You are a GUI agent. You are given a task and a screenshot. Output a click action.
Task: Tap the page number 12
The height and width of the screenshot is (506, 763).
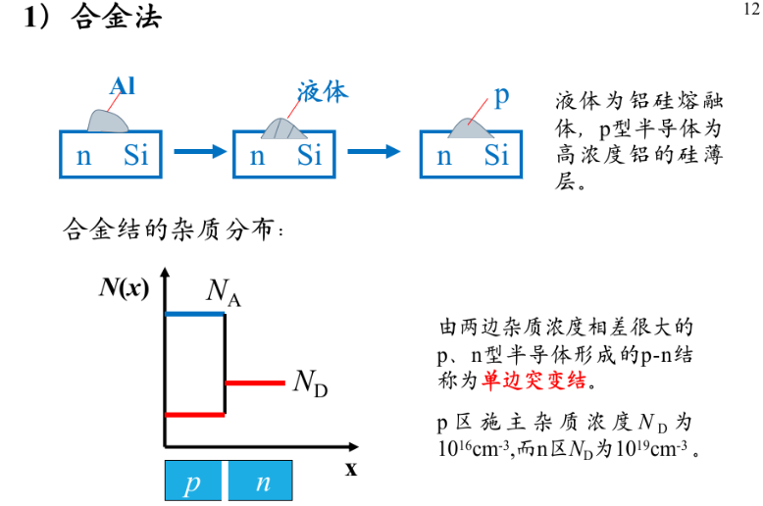[746, 10]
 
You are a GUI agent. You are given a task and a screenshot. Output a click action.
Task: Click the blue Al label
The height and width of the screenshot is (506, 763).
[123, 86]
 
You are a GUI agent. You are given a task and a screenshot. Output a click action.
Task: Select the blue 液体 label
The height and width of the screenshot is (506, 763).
[323, 93]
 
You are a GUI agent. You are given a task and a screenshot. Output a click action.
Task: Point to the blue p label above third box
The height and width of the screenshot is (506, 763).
[501, 95]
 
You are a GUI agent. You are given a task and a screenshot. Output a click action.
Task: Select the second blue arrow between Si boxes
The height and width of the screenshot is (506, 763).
[374, 151]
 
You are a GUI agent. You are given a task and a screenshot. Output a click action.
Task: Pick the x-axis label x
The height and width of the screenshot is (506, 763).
[350, 469]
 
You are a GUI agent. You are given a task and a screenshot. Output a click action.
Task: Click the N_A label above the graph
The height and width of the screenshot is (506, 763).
[223, 290]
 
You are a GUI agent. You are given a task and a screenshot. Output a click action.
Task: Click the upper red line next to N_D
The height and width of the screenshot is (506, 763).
[254, 381]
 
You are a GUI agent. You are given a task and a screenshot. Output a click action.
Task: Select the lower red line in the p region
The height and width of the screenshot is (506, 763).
[195, 415]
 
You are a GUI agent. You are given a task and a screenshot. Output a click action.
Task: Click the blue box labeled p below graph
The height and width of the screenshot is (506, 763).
[193, 482]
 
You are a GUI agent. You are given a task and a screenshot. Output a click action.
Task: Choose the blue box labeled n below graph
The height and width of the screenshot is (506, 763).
[262, 482]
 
